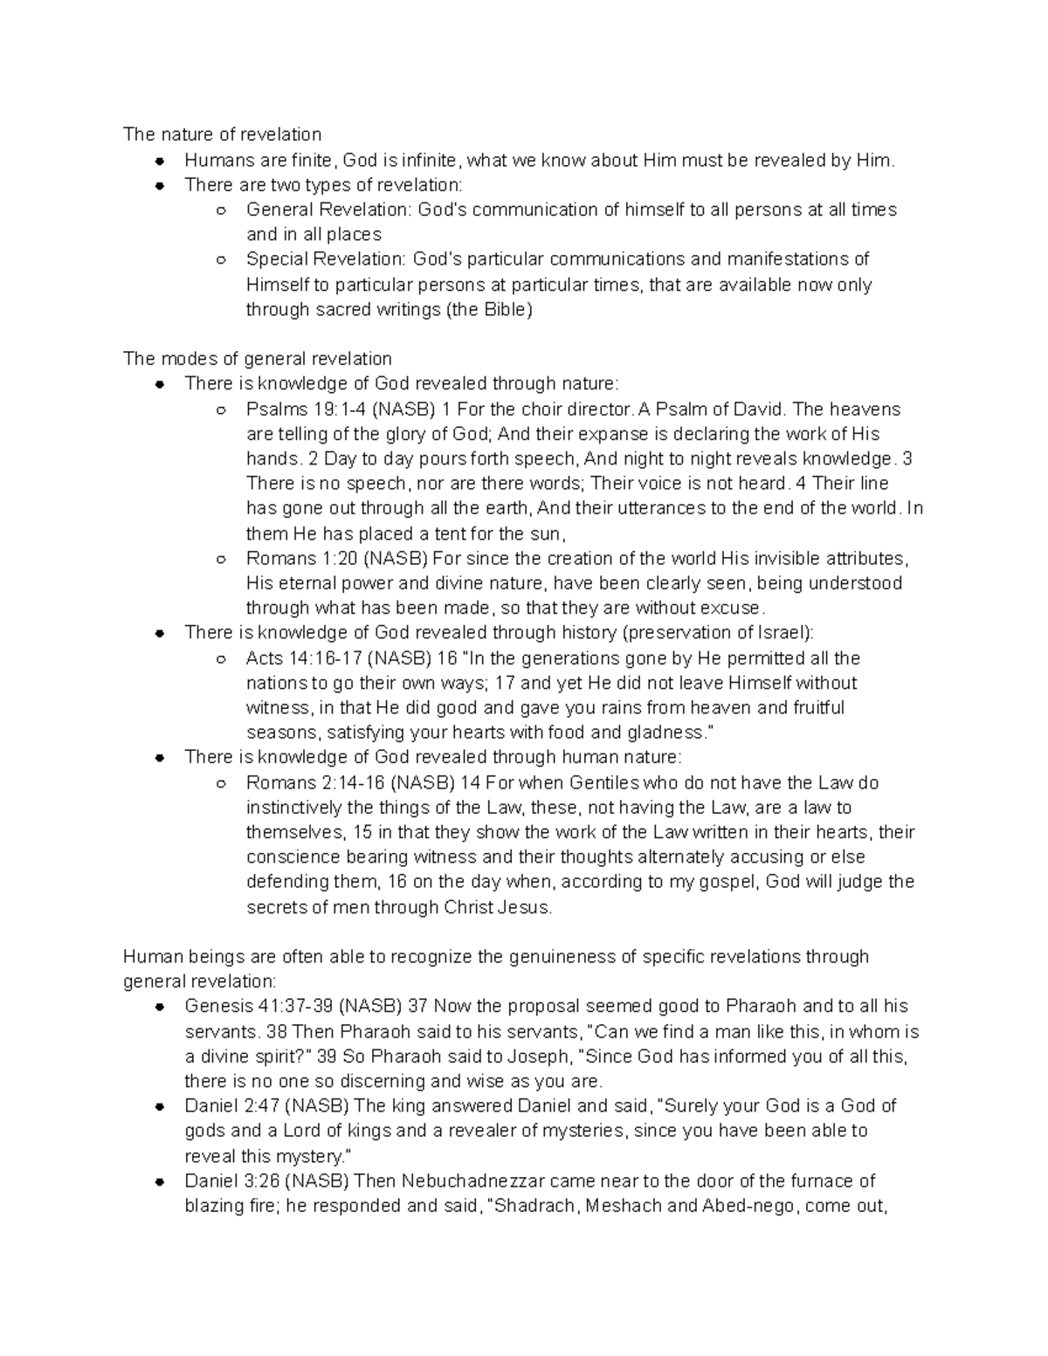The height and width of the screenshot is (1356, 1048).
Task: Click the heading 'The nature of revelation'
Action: (222, 134)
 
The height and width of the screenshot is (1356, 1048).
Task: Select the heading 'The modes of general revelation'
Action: (257, 359)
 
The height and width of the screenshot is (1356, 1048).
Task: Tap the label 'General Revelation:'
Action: (329, 210)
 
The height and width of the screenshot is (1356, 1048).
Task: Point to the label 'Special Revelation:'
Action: (327, 259)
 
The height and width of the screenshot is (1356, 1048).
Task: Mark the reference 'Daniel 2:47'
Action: (232, 1106)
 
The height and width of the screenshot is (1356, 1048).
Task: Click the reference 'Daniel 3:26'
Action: (232, 1181)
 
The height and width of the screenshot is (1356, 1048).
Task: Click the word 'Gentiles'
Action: (604, 783)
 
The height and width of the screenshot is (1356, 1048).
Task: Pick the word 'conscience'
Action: (288, 857)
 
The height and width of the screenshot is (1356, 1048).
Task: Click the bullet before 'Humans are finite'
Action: (160, 161)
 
